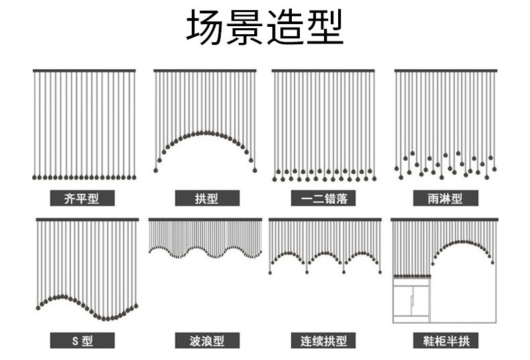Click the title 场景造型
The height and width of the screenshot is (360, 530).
coord(265,27)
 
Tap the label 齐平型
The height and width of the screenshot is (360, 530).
coord(82,198)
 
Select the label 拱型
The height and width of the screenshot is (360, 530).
coord(207,198)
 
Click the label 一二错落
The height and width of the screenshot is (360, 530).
coord(324,198)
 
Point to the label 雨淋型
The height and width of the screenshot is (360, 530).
coord(445,198)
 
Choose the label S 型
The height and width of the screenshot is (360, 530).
coord(82,341)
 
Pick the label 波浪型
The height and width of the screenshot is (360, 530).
coord(207,341)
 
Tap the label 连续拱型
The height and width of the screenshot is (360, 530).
coord(324,341)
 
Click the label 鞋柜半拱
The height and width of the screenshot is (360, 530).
coord(446,341)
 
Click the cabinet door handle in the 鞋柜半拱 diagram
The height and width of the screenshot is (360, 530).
coord(412,300)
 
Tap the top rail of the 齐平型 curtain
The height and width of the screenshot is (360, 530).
coord(84,71)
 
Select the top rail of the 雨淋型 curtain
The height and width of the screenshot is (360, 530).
coord(446,71)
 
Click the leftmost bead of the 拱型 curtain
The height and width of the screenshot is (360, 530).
coord(156,170)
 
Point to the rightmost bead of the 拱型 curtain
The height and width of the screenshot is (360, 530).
coord(255,170)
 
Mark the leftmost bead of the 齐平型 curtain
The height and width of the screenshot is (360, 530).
coord(34,177)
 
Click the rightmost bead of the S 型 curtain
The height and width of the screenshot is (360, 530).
coord(136,306)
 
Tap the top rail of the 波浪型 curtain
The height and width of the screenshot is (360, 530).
coord(205,219)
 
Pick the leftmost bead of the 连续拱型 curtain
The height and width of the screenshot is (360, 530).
coord(270,272)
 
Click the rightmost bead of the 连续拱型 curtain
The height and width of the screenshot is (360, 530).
coord(380,272)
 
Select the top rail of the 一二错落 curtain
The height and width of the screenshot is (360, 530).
coord(323,71)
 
